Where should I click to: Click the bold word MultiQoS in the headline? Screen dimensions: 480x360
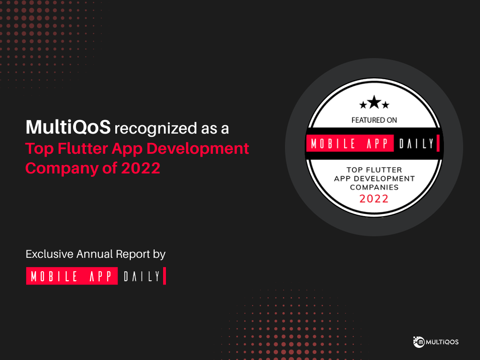68,127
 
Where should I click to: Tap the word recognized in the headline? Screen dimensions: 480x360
156,128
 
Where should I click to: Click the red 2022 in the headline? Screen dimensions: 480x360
141,168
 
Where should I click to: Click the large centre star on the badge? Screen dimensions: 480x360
374,102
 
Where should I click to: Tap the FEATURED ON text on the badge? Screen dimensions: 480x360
374,120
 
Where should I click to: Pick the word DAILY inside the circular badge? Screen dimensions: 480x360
416,143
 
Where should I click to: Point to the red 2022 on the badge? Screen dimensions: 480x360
374,199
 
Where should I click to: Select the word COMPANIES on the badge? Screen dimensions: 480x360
374,187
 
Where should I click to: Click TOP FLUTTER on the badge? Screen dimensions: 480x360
374,170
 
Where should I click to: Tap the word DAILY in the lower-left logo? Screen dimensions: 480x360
142,276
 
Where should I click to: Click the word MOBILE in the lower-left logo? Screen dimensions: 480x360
54,276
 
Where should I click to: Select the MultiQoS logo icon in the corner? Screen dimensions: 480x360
419,342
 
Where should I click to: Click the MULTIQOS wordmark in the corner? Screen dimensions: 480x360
442,342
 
